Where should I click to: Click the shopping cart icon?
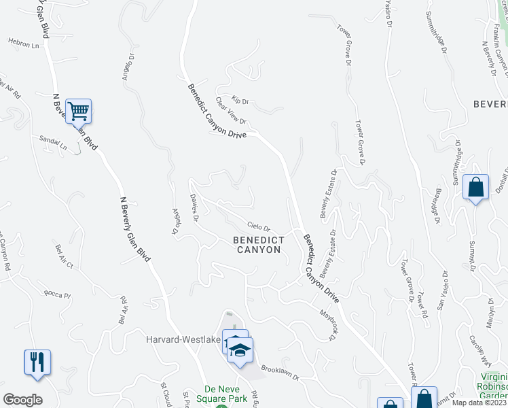click(x=78, y=111)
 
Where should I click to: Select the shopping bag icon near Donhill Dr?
click(x=475, y=187)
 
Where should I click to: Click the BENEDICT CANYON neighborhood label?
click(x=257, y=245)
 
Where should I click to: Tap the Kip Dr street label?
click(x=240, y=101)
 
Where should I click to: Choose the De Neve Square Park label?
click(x=221, y=394)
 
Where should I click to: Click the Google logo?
click(x=22, y=400)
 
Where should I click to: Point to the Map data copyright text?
click(x=479, y=403)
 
